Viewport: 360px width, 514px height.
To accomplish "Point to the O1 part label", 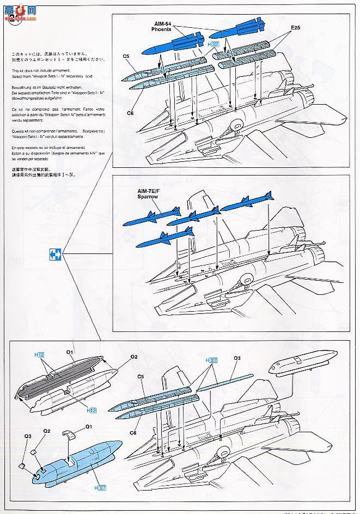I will tap(70, 352).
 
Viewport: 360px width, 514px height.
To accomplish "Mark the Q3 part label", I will tap(27, 437).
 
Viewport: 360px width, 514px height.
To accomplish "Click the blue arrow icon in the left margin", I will tap(54, 253).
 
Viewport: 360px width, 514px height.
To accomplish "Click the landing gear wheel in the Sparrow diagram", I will tap(247, 280).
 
